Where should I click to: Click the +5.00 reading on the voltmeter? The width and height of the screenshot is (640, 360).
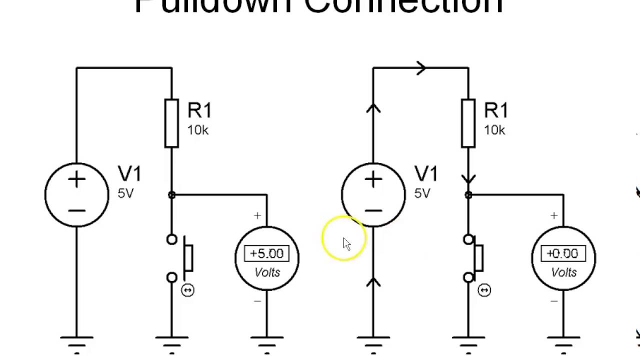pyautogui.click(x=266, y=254)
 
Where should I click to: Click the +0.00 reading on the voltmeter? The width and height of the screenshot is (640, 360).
pyautogui.click(x=563, y=254)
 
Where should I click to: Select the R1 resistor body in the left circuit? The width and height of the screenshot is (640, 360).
pyautogui.click(x=171, y=123)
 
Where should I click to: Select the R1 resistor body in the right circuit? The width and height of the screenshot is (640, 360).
pyautogui.click(x=468, y=123)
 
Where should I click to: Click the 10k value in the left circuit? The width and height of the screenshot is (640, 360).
pyautogui.click(x=198, y=130)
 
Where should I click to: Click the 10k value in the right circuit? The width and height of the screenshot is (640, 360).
pyautogui.click(x=494, y=130)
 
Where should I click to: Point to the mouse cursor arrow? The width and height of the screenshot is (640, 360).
pyautogui.click(x=347, y=244)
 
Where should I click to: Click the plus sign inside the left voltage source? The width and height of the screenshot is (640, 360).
pyautogui.click(x=76, y=180)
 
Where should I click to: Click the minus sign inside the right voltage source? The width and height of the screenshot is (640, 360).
pyautogui.click(x=373, y=210)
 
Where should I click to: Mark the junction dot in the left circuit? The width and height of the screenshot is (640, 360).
pyautogui.click(x=171, y=195)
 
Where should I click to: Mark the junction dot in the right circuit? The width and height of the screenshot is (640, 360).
pyautogui.click(x=468, y=195)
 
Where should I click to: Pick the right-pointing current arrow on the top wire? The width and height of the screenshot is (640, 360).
pyautogui.click(x=421, y=68)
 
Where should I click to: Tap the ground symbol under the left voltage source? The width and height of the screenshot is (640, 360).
pyautogui.click(x=76, y=342)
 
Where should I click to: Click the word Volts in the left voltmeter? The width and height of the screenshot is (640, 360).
pyautogui.click(x=267, y=272)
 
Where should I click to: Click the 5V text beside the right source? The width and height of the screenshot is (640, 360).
pyautogui.click(x=422, y=193)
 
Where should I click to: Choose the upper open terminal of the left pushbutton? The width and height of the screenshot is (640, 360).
pyautogui.click(x=171, y=240)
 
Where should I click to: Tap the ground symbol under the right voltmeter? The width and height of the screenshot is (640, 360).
pyautogui.click(x=563, y=342)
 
